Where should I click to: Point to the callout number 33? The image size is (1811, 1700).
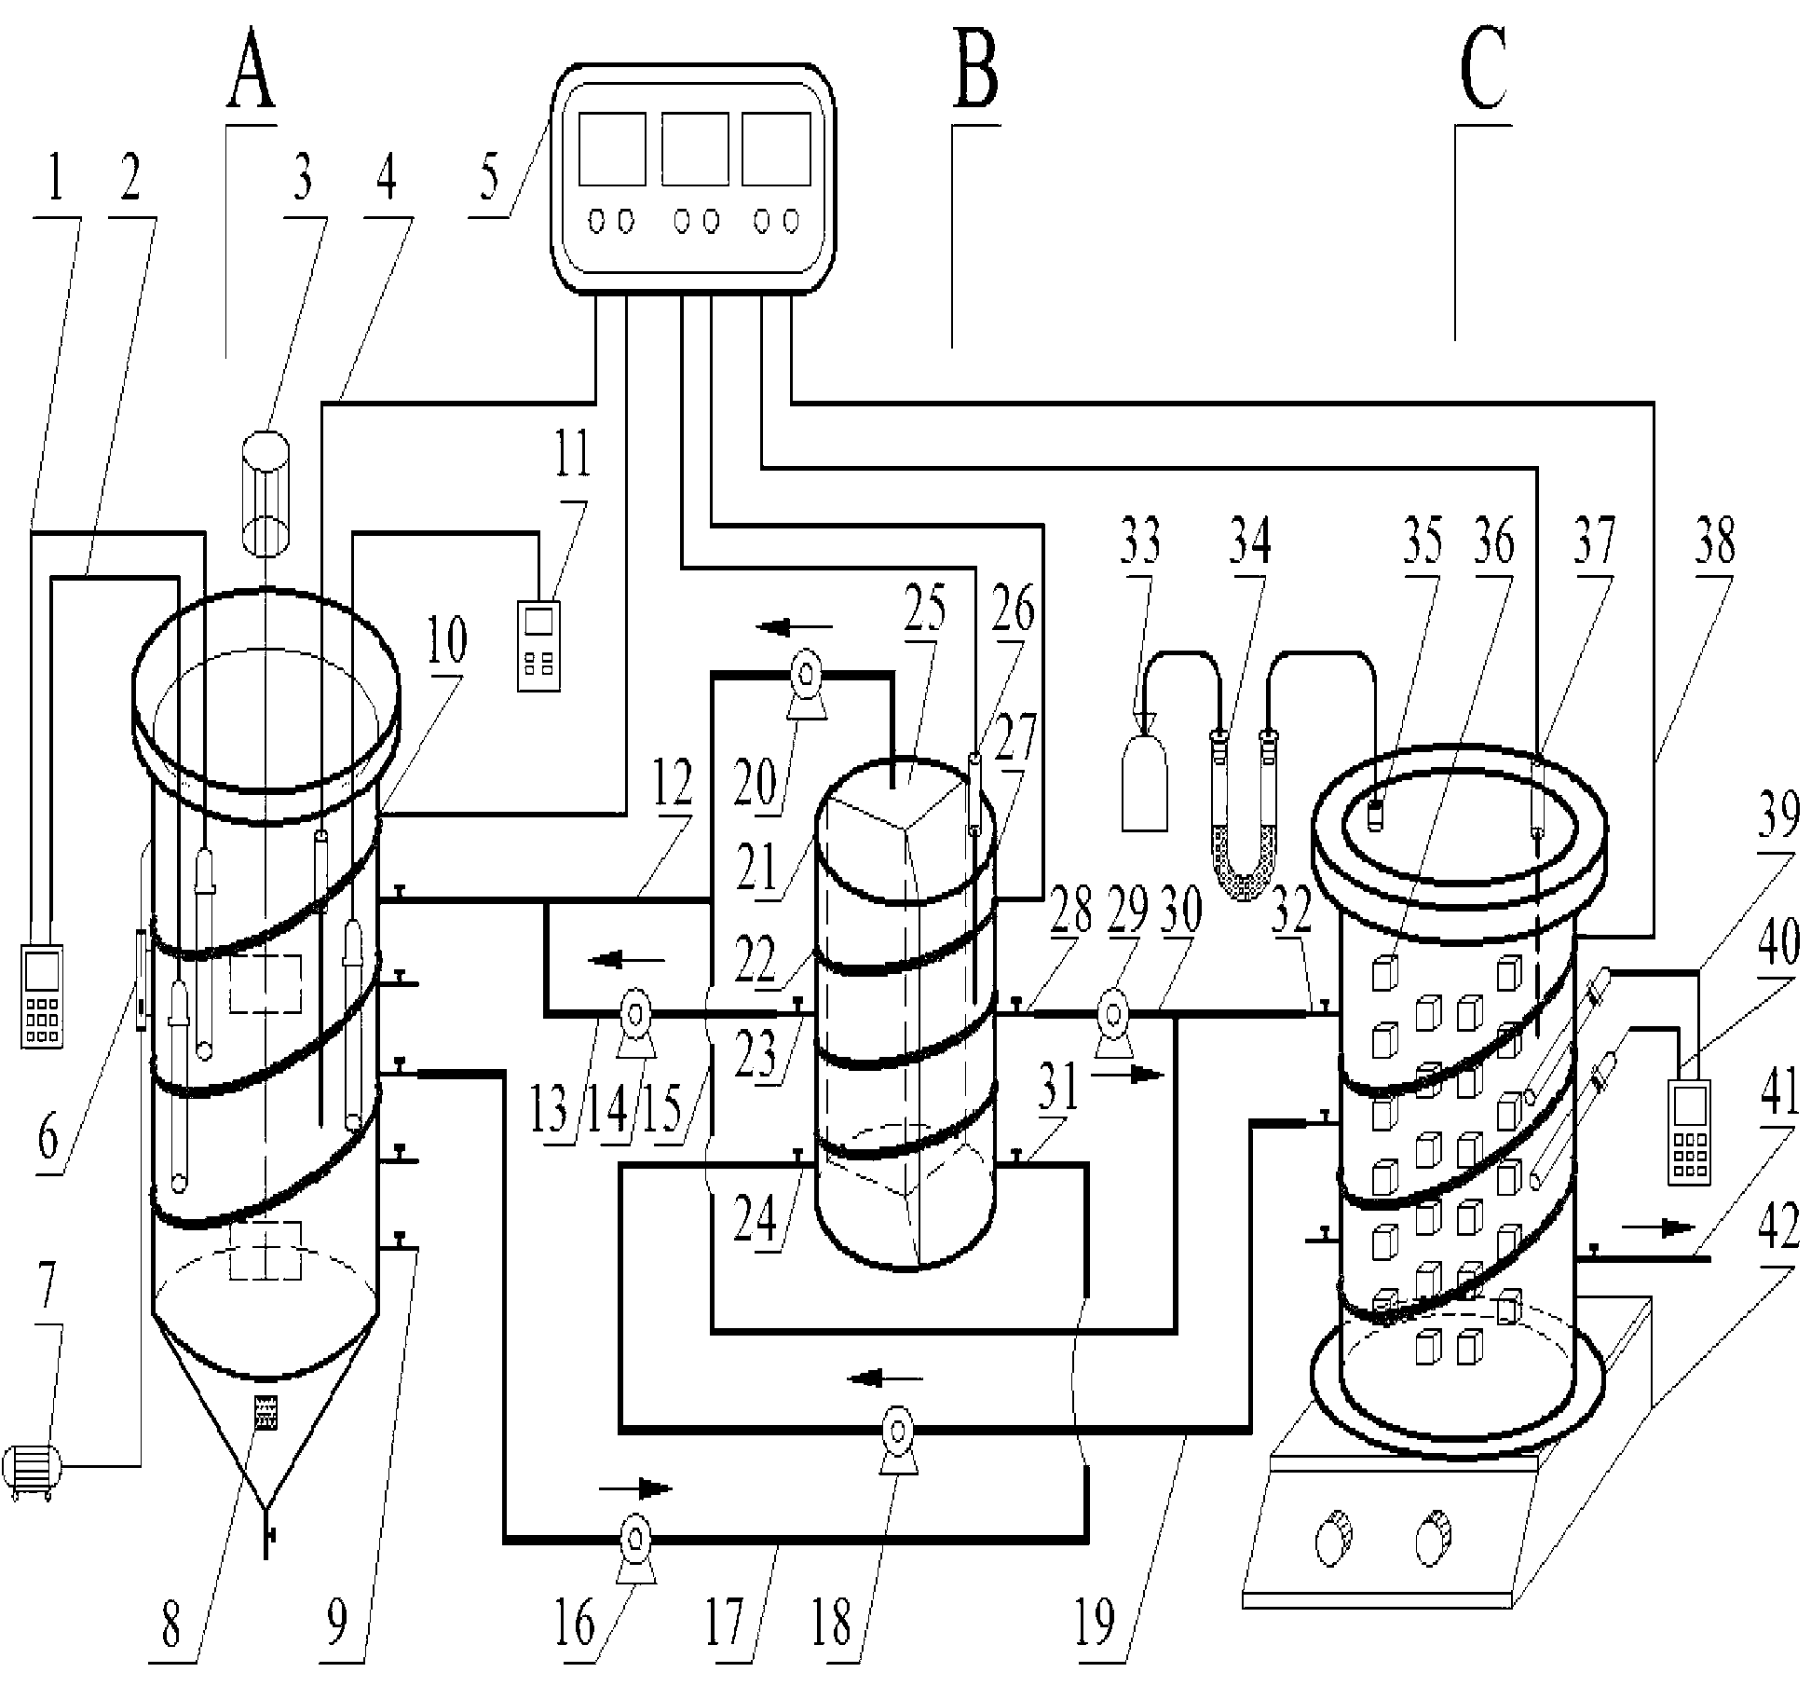click(x=1140, y=542)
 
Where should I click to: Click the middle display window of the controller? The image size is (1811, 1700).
click(x=695, y=149)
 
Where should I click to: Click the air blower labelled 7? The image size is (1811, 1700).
click(x=32, y=1473)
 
